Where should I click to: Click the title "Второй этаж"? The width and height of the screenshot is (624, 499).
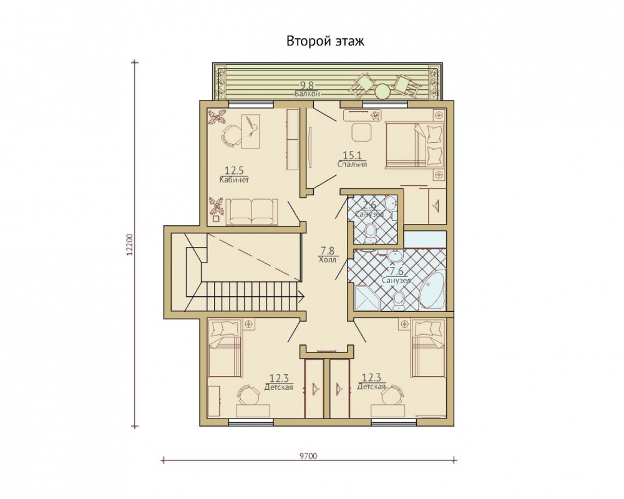coord(325,41)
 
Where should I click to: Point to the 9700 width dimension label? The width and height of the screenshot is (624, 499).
coord(308,456)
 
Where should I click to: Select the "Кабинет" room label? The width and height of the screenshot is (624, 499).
coord(235,180)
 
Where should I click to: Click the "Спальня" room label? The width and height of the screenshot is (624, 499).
coord(352,164)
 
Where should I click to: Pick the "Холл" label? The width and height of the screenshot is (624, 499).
coord(327,260)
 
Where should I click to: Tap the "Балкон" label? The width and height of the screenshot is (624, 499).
coord(307,94)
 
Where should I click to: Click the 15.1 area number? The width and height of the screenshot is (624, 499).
coord(351,155)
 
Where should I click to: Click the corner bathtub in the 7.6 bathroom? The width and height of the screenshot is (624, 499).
coord(434,289)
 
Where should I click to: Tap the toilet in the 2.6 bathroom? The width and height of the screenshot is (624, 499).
coord(371,233)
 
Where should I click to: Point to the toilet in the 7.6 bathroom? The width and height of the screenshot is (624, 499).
coord(399,301)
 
